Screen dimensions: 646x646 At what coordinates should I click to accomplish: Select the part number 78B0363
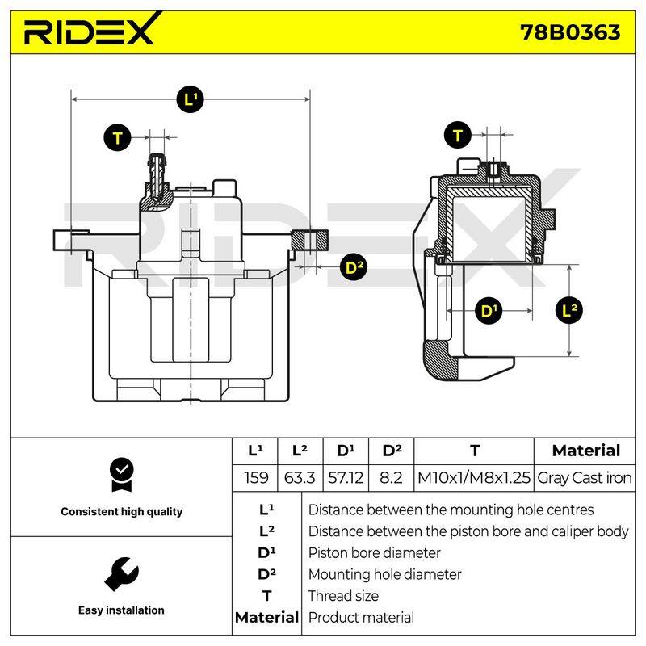tap(570, 32)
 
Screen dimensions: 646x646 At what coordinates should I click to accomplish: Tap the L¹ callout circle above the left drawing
tap(190, 99)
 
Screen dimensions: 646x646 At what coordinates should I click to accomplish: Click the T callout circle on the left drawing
tap(117, 137)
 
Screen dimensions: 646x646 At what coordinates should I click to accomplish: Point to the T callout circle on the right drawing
tap(458, 135)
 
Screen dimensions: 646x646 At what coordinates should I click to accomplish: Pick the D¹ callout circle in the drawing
tap(489, 311)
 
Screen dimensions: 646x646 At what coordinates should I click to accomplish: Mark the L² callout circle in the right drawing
tap(569, 310)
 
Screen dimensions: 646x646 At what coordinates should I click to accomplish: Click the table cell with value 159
tap(255, 478)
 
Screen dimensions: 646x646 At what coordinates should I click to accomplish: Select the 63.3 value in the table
tap(300, 478)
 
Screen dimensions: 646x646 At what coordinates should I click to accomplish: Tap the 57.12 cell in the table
tap(346, 478)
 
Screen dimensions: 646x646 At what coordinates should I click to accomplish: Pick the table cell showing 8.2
tap(391, 478)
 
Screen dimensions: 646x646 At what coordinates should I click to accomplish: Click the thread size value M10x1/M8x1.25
tap(474, 478)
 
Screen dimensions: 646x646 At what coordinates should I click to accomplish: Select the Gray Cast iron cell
tap(584, 478)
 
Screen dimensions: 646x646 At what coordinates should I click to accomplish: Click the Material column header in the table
tap(586, 451)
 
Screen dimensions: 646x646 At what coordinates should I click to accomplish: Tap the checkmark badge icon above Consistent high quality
tap(122, 475)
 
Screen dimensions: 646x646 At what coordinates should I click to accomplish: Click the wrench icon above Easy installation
tap(122, 574)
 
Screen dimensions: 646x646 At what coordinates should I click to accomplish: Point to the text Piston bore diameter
tap(374, 553)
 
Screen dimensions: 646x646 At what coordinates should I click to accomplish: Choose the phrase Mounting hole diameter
tap(385, 574)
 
